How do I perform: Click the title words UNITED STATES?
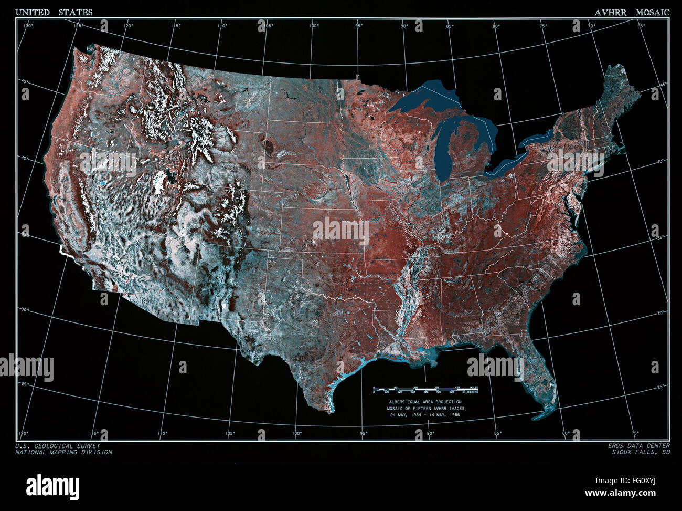[54, 12]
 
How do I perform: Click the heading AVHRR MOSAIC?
[632, 12]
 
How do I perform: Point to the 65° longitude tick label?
[641, 25]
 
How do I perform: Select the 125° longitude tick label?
[78, 25]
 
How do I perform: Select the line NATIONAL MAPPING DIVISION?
[63, 452]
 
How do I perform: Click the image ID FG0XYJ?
[649, 481]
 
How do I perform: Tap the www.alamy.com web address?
[627, 494]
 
